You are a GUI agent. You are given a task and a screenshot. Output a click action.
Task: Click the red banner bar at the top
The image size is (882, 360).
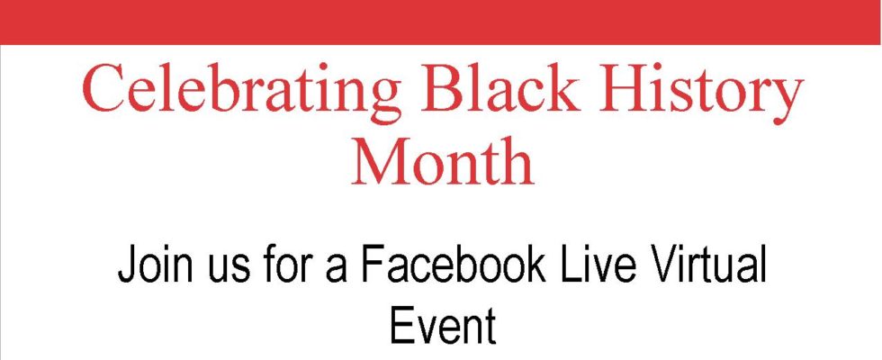[441, 22]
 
